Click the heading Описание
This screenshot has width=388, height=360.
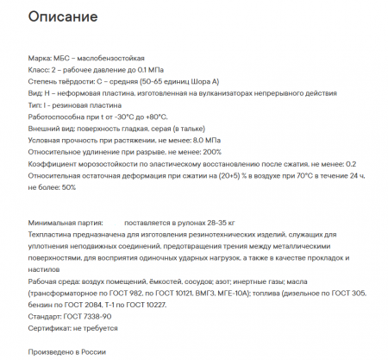pyautogui.click(x=62, y=17)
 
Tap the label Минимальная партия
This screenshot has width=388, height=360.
pyautogui.click(x=66, y=222)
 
